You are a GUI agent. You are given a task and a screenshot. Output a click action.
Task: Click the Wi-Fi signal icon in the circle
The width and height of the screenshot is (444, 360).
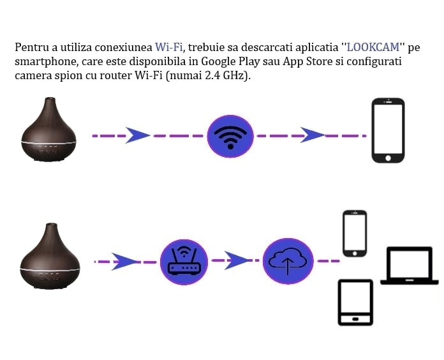(x=230, y=136)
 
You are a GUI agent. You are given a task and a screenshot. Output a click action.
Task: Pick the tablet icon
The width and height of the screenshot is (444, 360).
(x=355, y=303)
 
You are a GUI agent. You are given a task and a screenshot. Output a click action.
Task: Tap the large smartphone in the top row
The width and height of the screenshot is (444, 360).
(x=388, y=130)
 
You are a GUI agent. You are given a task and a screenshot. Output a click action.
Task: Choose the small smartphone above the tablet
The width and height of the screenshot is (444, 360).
(x=355, y=233)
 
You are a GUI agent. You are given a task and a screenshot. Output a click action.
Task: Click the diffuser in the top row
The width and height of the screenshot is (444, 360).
(x=48, y=130)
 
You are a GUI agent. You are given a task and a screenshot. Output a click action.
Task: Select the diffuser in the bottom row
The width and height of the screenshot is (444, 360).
(x=50, y=256)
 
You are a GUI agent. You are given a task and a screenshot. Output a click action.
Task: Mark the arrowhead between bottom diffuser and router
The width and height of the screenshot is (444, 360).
(x=126, y=260)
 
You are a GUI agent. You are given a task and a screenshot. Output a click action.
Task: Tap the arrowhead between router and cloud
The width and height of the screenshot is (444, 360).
(x=237, y=260)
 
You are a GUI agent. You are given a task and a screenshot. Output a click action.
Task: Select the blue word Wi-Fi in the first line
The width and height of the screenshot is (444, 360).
(x=168, y=47)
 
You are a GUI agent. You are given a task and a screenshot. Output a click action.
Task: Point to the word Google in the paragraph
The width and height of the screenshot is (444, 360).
(x=219, y=61)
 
